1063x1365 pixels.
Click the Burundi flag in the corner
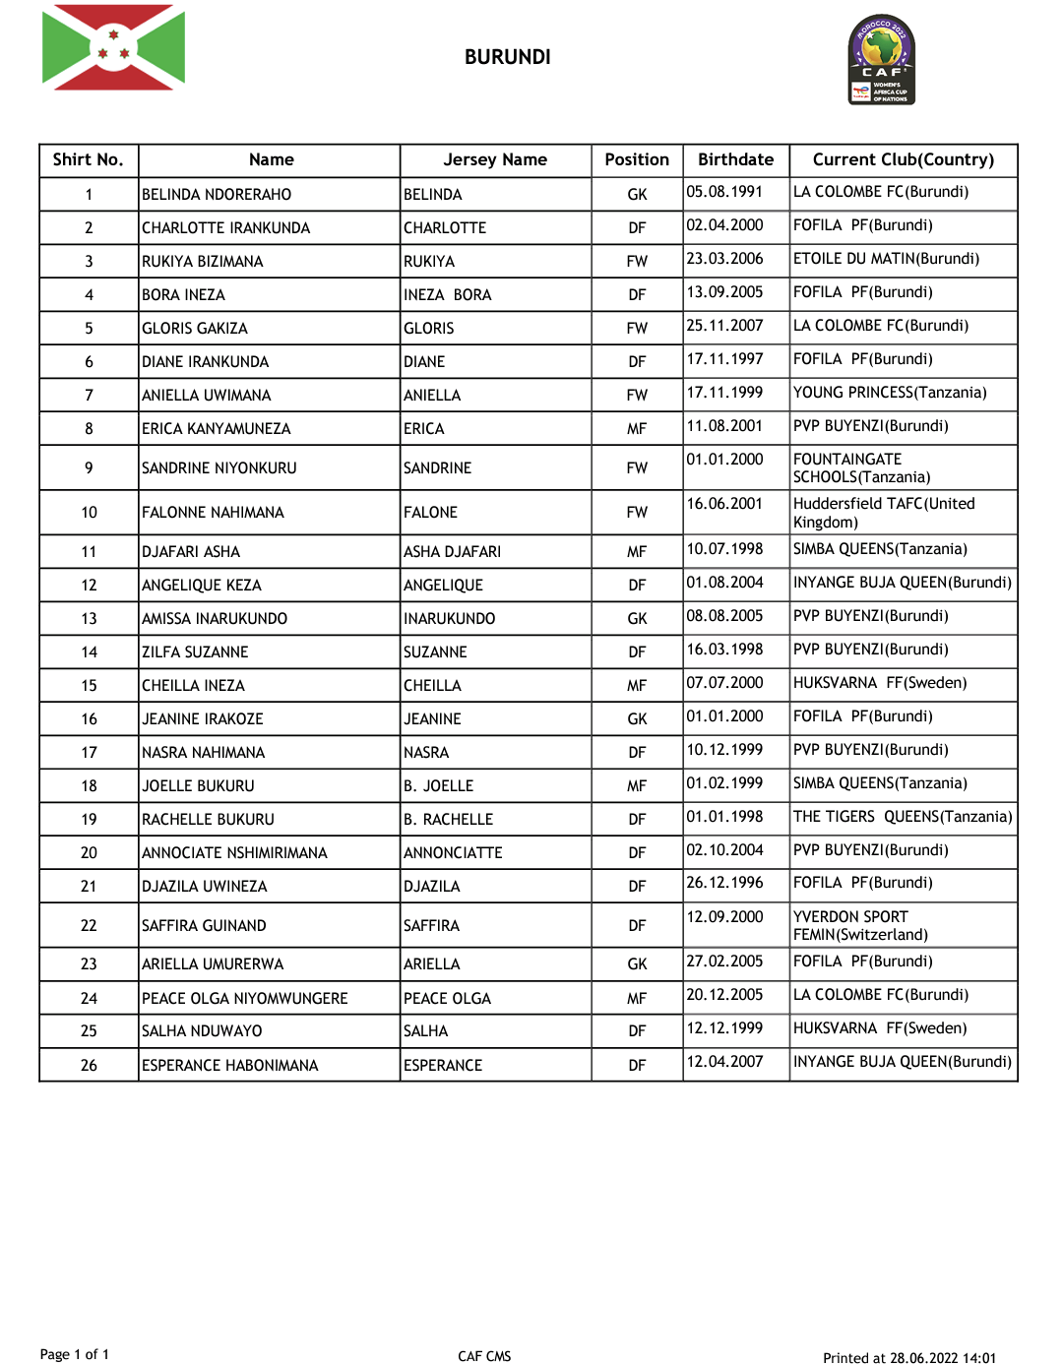[x=113, y=47]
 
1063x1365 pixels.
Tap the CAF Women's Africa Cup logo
[x=882, y=60]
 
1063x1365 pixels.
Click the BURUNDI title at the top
[x=508, y=57]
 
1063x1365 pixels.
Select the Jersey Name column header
[x=495, y=159]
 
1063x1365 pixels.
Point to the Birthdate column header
[x=735, y=159]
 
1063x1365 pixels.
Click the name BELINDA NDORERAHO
[x=217, y=195]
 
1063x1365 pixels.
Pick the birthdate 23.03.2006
[x=724, y=259]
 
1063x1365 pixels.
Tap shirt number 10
[x=89, y=513]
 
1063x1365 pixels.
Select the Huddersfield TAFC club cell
[x=884, y=513]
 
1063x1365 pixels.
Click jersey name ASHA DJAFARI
[x=452, y=552]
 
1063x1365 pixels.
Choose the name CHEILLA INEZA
[x=193, y=686]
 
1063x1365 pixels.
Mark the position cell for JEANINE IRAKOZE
[x=637, y=719]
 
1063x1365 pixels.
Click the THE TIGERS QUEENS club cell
[x=902, y=817]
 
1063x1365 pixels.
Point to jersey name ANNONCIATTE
[x=453, y=853]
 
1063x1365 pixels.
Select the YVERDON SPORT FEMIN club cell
[x=860, y=925]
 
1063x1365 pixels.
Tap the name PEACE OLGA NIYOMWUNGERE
[x=244, y=999]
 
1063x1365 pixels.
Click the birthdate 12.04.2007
[x=724, y=1062]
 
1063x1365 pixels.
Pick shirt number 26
[x=89, y=1066]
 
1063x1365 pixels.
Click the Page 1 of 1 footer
[x=75, y=1355]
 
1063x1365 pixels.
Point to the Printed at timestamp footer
[x=908, y=1358]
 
